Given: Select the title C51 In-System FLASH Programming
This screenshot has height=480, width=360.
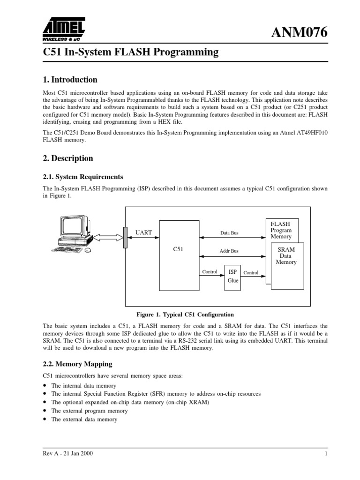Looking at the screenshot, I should tap(131, 52).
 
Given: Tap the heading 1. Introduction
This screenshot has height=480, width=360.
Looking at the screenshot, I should tap(70, 79).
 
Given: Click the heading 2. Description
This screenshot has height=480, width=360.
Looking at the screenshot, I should tap(68, 158).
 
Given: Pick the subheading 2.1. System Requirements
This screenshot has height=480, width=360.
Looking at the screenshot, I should tap(83, 177).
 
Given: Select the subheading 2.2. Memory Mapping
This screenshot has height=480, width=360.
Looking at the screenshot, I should tap(77, 363).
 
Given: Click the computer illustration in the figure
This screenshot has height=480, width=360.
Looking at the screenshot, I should tap(75, 234).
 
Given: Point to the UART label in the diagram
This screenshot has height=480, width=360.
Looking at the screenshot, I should tap(143, 232).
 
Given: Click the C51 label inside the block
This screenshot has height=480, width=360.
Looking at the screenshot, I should tap(178, 249).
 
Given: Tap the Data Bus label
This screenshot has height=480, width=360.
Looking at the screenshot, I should tap(229, 232).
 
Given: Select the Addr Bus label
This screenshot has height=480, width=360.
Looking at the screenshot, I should tap(229, 251).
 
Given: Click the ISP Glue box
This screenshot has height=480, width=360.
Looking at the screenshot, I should tap(232, 276).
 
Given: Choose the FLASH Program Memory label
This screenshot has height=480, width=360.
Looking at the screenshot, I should tap(281, 230).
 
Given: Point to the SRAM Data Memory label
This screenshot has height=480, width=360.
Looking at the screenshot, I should tap(286, 256).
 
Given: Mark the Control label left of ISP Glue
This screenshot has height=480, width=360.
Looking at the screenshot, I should tap(210, 272).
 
